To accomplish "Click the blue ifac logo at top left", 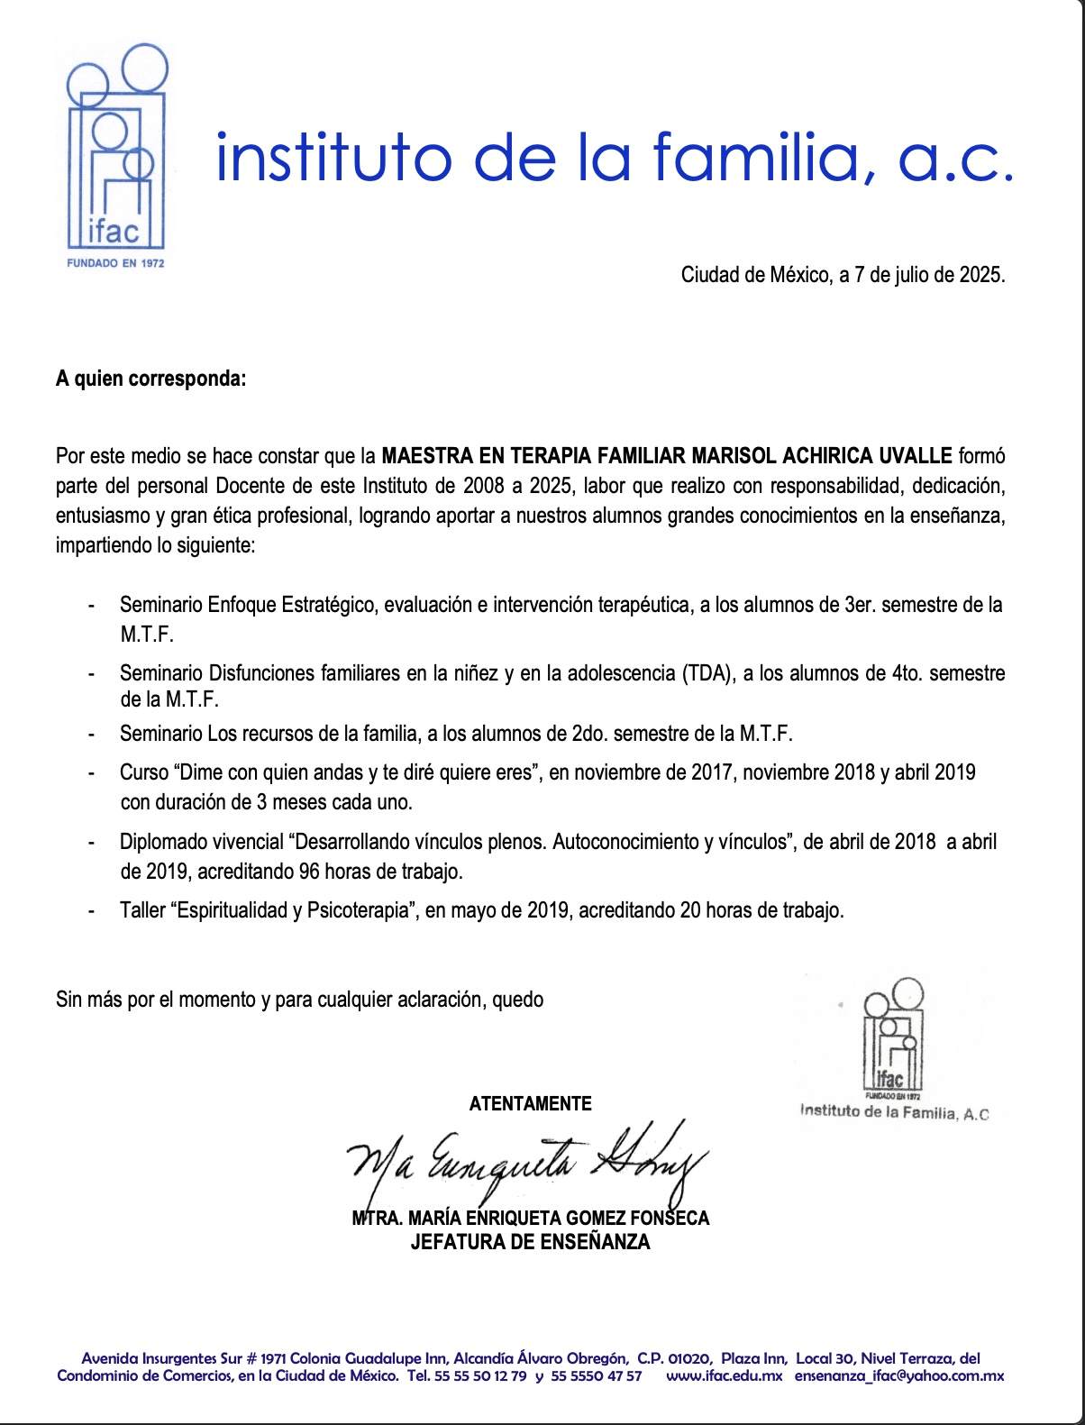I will (x=117, y=149).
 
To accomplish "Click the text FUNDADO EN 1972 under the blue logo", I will (x=115, y=263).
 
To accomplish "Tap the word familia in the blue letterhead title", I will (x=761, y=157).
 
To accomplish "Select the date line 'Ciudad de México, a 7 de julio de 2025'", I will (x=843, y=275).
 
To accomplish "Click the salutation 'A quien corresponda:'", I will (x=150, y=379).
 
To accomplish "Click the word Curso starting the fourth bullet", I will (x=144, y=772).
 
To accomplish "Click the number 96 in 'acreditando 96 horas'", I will (x=309, y=872).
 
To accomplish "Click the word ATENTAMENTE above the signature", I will (x=530, y=1103).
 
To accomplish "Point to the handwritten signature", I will (x=527, y=1163).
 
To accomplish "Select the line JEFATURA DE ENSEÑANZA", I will (x=530, y=1242).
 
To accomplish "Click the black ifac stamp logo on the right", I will (x=892, y=1037).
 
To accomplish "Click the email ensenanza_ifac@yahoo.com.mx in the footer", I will (x=898, y=1375).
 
